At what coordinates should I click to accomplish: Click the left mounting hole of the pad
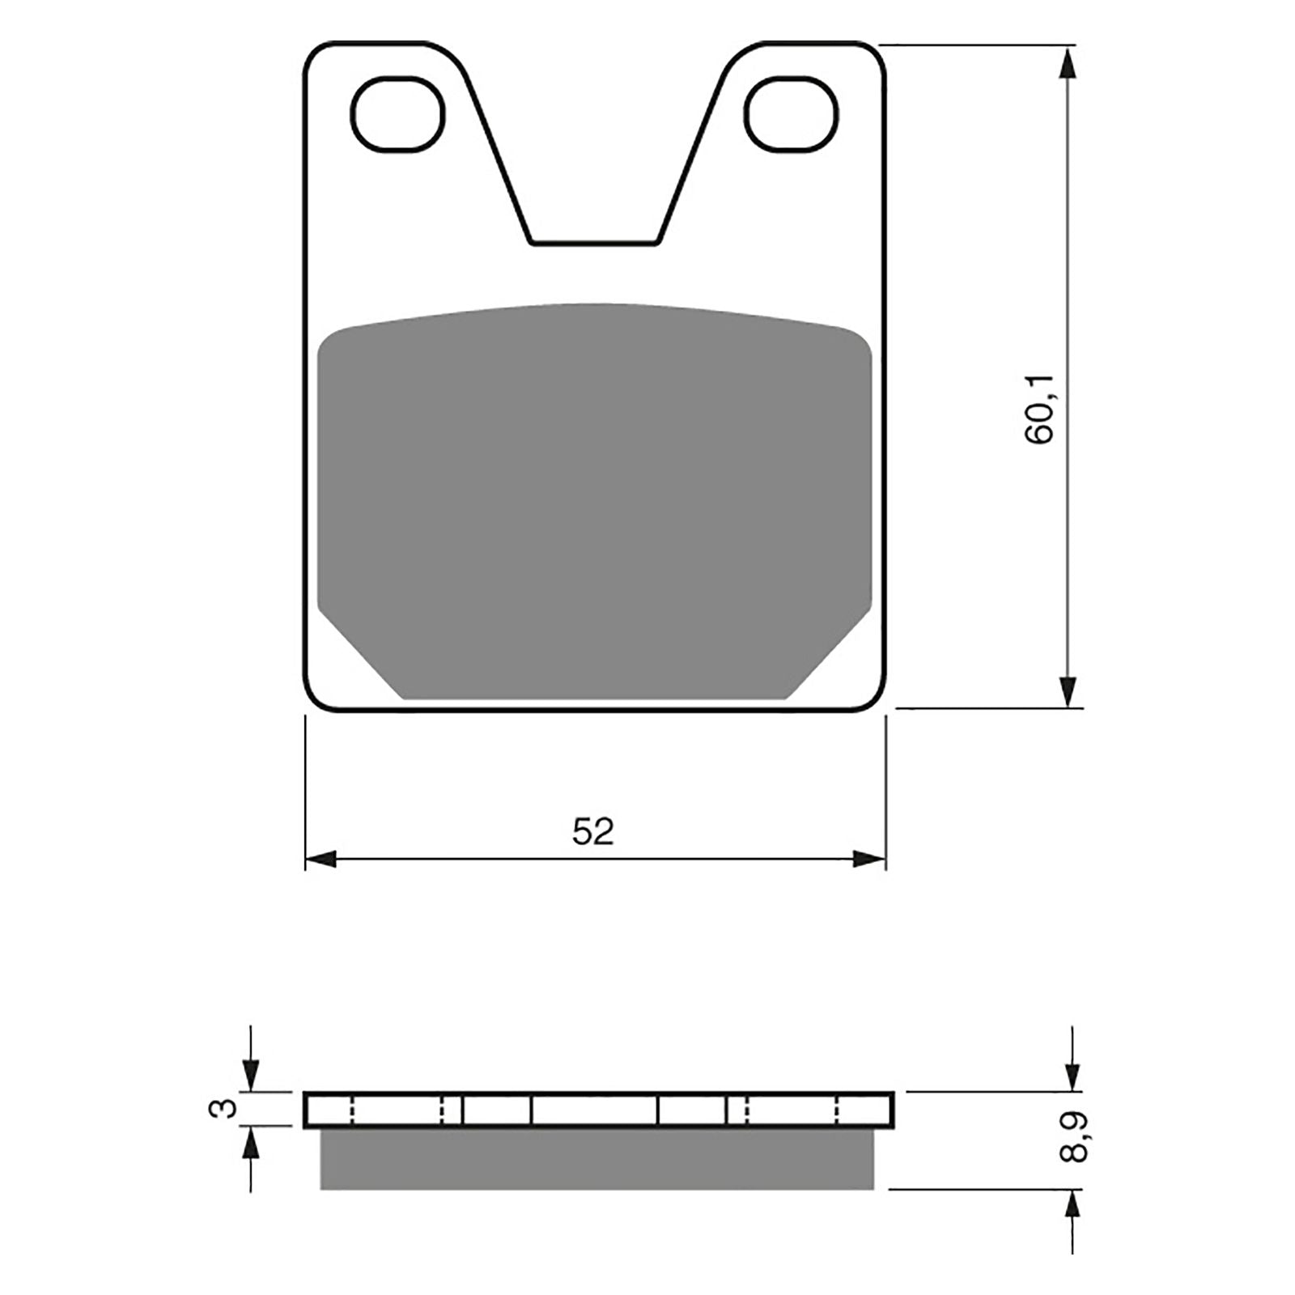coord(398,114)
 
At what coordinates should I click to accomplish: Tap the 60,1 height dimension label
coord(1039,410)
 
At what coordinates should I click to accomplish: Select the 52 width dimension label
coord(593,831)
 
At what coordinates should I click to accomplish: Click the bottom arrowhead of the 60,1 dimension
coord(1069,692)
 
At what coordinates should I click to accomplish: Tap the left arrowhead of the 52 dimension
coord(321,860)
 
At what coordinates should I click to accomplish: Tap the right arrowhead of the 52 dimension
coord(871,860)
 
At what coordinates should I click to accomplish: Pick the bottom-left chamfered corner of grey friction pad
coord(360,659)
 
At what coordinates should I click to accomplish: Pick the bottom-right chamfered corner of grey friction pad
coord(830,659)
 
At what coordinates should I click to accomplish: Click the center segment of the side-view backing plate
coord(593,1109)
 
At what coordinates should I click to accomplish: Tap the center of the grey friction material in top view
coord(595,502)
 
